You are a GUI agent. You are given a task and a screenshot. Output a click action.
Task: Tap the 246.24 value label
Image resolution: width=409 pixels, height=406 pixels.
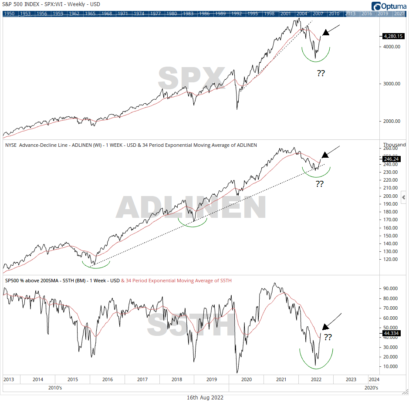[x=391, y=159]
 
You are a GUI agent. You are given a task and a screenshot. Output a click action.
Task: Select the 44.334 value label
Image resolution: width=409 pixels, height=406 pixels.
[x=391, y=333]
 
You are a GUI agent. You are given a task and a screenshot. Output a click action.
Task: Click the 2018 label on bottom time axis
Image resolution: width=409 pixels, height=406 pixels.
[x=176, y=379]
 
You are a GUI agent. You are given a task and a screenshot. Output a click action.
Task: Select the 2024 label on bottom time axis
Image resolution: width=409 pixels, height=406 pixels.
[x=373, y=379]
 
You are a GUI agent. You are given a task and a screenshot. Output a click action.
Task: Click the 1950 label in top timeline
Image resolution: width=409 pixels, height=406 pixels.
[x=9, y=14]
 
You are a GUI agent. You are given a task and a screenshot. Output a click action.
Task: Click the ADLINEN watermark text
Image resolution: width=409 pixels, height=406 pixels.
[x=191, y=207]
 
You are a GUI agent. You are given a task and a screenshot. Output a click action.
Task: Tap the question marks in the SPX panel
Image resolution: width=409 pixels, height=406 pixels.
[x=321, y=73]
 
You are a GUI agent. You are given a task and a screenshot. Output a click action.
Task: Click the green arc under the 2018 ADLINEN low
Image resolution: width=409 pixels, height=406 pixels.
[x=193, y=223]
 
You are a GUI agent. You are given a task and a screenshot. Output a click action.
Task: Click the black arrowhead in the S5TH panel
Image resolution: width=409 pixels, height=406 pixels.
[x=324, y=327]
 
